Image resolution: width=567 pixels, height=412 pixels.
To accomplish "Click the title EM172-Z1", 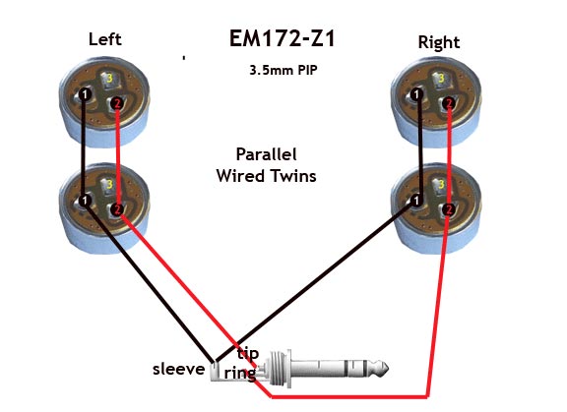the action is pyautogui.click(x=283, y=38).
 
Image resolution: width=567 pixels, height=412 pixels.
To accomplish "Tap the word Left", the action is pyautogui.click(x=105, y=39).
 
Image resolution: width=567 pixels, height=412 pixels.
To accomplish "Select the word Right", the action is pyautogui.click(x=439, y=42).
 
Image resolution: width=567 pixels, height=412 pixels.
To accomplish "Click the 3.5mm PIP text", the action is pyautogui.click(x=283, y=70).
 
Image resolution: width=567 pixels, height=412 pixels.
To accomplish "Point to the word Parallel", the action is pyautogui.click(x=266, y=154).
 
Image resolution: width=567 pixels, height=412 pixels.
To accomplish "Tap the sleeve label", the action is pyautogui.click(x=178, y=369).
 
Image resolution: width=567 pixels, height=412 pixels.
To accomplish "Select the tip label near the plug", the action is pyautogui.click(x=248, y=353).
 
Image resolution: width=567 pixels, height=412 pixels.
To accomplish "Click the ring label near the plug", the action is pyautogui.click(x=240, y=373).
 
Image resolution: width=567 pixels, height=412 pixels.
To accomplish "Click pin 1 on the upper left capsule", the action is pyautogui.click(x=85, y=94).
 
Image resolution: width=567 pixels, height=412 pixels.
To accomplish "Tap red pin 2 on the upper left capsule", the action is pyautogui.click(x=117, y=104).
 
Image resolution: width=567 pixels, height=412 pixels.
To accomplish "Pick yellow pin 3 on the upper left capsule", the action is pyautogui.click(x=109, y=78).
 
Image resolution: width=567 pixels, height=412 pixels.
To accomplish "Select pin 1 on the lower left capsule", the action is pyautogui.click(x=85, y=201).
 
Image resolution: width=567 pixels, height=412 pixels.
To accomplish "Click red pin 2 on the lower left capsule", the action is pyautogui.click(x=117, y=209).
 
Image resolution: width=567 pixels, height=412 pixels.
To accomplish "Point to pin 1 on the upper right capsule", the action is pyautogui.click(x=417, y=94).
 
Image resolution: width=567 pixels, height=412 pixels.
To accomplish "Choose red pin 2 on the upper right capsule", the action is pyautogui.click(x=449, y=104).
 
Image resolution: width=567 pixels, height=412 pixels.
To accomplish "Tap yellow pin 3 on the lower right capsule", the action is pyautogui.click(x=441, y=184).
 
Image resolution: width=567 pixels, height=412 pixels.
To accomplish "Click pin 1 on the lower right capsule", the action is pyautogui.click(x=417, y=201).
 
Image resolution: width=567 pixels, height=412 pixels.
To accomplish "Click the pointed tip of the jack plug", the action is pyautogui.click(x=388, y=369).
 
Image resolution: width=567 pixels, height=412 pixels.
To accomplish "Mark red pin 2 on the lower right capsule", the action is pyautogui.click(x=449, y=209).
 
